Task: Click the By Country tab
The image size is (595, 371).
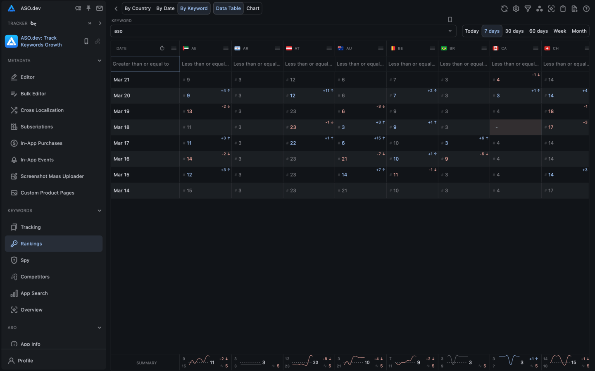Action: pyautogui.click(x=138, y=8)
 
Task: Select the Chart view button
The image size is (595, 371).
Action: pyautogui.click(x=253, y=8)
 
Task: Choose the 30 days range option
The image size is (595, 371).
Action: pyautogui.click(x=514, y=31)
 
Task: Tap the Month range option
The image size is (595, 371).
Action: pyautogui.click(x=579, y=31)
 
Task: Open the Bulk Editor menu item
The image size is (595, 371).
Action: pyautogui.click(x=33, y=94)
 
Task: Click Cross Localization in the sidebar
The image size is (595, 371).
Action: pyautogui.click(x=42, y=110)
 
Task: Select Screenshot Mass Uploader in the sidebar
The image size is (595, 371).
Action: pyautogui.click(x=52, y=176)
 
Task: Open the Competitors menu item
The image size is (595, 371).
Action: pyautogui.click(x=35, y=277)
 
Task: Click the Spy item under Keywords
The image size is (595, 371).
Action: pyautogui.click(x=25, y=260)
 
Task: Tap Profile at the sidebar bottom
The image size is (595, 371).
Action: pyautogui.click(x=25, y=361)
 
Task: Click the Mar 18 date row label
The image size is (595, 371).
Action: pyautogui.click(x=121, y=127)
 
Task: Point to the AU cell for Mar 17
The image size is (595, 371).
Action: pyautogui.click(x=360, y=143)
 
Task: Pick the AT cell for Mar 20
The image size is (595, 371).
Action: pyautogui.click(x=309, y=95)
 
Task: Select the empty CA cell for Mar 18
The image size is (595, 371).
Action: pyautogui.click(x=515, y=127)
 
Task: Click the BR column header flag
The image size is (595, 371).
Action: pyautogui.click(x=444, y=48)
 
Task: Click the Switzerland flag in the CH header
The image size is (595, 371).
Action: pyautogui.click(x=547, y=48)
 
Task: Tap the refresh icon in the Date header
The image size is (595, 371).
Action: pyautogui.click(x=162, y=48)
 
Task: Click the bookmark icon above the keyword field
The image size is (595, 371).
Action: pyautogui.click(x=450, y=19)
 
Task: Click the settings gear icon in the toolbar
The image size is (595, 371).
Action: pyautogui.click(x=516, y=9)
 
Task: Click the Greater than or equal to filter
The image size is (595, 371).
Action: pyautogui.click(x=145, y=64)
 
